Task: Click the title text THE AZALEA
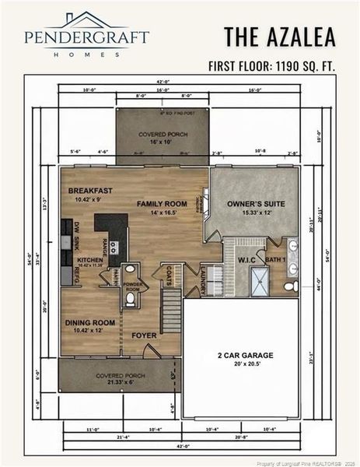click(280, 37)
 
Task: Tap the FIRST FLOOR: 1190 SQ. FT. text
click(271, 66)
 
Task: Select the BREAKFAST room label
click(90, 191)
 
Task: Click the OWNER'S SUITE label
click(253, 204)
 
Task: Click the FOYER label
click(144, 335)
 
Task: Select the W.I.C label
click(246, 260)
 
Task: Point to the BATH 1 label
click(275, 258)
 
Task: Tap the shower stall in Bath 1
click(259, 281)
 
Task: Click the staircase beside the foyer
click(171, 309)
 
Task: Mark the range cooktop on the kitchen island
click(114, 248)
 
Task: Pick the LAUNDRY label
click(204, 279)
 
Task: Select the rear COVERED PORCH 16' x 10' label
click(163, 137)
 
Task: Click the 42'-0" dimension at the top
click(163, 81)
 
